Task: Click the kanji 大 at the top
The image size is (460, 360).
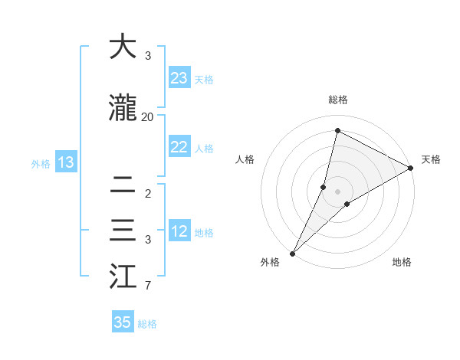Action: coord(123,47)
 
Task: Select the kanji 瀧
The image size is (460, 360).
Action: coord(123,109)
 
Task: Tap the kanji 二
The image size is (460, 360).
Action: coord(123,185)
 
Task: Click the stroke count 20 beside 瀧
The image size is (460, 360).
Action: coord(147,117)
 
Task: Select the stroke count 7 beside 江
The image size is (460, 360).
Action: coord(147,286)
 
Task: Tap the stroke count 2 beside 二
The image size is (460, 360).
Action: coord(147,194)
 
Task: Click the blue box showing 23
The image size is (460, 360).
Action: coord(179,78)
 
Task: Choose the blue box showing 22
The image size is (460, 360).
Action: coord(179,147)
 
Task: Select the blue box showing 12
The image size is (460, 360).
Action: coord(179,231)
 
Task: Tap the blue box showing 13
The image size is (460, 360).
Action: coord(65,162)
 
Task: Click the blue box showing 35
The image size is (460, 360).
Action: coord(123,322)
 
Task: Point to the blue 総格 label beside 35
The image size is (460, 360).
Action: coord(147,324)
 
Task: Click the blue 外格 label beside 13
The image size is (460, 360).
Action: coord(41,163)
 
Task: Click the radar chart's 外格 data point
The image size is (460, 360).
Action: coord(292,253)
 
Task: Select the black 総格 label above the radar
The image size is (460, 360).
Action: coord(338,100)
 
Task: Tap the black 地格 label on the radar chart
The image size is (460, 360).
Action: coord(402,262)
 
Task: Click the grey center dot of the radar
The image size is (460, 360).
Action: coord(338,191)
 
